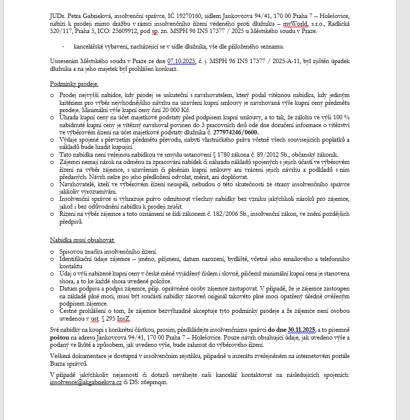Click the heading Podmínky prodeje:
(74, 84)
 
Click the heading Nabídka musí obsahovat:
(82, 240)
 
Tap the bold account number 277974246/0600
(236, 132)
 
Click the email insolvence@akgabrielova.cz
(85, 382)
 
